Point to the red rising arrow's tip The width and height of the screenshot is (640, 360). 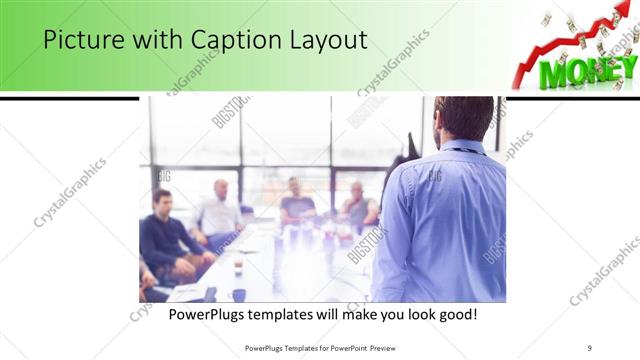tap(626, 12)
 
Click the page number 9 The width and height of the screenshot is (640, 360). tap(590, 348)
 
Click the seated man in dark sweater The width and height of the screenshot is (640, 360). tap(166, 235)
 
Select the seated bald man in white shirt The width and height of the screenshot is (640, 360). tap(219, 210)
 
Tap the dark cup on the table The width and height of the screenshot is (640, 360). tap(239, 294)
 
